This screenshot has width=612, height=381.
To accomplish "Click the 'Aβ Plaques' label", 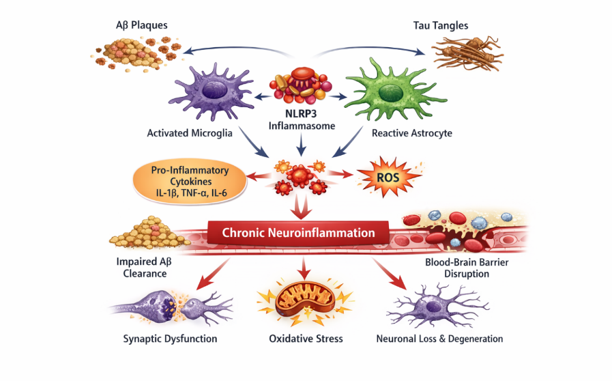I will [x=142, y=25].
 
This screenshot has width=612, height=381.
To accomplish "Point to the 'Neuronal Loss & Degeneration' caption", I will [x=439, y=339].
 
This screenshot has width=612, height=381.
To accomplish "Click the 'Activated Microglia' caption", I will [x=190, y=133].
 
